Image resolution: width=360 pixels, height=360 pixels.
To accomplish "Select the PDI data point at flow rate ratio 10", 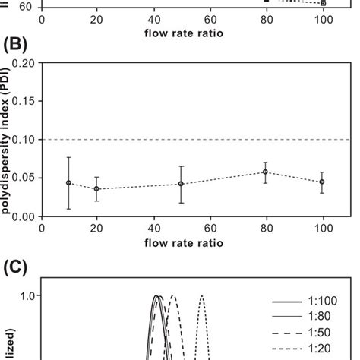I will coord(69,183).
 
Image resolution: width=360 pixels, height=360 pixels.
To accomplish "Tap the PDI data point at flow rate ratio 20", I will coord(96,189).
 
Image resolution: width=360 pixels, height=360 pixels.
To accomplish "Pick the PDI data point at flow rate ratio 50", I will coord(181,184).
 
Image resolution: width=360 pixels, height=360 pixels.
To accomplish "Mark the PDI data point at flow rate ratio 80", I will coord(265,172).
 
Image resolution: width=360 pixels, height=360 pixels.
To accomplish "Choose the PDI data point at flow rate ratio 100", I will coord(321,182).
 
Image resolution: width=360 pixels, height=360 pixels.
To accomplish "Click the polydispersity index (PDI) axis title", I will coord(7,141).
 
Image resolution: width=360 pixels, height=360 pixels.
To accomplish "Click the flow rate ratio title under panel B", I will coord(181,245).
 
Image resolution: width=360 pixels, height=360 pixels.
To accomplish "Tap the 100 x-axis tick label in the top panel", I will coord(321,17).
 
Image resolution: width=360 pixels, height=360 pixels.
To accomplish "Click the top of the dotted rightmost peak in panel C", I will coord(202,296).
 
